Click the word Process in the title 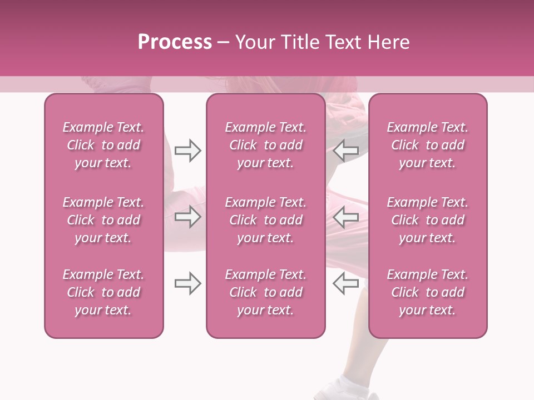point(175,42)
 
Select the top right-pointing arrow point(187,151)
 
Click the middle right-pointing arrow point(187,217)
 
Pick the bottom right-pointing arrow point(187,283)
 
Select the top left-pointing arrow point(345,151)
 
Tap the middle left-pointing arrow point(345,217)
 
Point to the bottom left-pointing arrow point(345,283)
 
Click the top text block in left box point(103,145)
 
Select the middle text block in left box point(103,220)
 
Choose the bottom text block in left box point(103,292)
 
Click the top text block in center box point(265,145)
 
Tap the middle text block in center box point(265,220)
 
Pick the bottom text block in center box point(265,292)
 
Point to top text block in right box point(427,145)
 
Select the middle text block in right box point(427,220)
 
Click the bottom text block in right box point(427,292)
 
